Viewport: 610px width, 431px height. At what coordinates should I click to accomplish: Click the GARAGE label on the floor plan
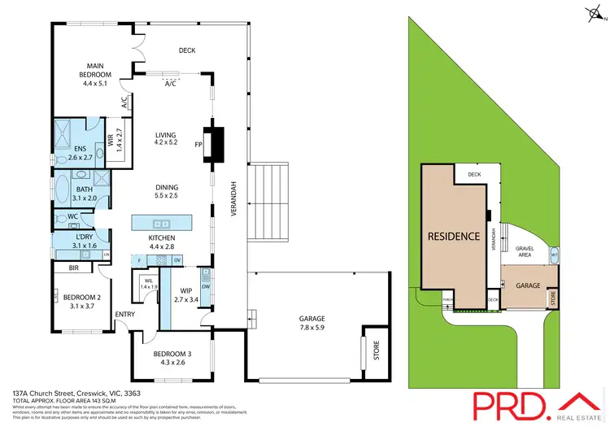300,319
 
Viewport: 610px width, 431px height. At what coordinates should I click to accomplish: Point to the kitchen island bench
162,222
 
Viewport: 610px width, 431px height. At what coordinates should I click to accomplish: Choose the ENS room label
80,148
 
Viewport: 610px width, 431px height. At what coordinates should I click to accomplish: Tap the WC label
72,216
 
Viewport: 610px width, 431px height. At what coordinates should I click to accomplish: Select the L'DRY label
85,237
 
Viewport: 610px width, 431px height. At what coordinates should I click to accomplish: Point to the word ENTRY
125,315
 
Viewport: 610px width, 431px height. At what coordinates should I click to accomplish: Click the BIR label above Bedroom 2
74,267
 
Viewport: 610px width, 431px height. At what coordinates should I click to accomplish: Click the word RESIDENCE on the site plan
453,237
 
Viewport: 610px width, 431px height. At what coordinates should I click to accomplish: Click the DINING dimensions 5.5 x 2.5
166,196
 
